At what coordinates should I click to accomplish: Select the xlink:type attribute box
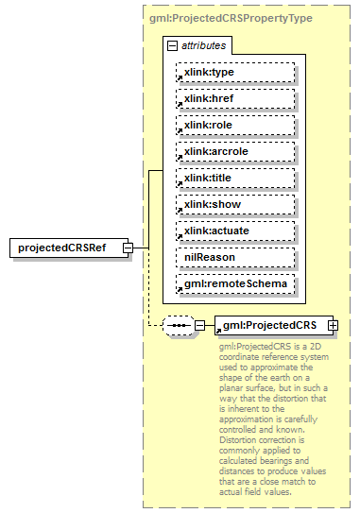[234, 72]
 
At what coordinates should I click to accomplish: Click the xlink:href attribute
[234, 98]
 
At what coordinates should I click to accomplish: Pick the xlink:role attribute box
[234, 125]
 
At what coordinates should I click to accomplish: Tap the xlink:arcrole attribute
[234, 151]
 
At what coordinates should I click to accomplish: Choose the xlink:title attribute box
[234, 178]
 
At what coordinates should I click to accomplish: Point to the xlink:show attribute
[234, 204]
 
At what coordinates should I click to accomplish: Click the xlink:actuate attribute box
[234, 231]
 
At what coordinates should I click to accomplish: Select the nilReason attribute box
[234, 257]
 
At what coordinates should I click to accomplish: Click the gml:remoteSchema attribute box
[234, 283]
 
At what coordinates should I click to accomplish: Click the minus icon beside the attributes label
[172, 45]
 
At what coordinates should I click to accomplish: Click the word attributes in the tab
[202, 45]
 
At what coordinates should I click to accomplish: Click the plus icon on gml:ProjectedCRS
[333, 326]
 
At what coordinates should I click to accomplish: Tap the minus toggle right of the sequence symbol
[199, 326]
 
